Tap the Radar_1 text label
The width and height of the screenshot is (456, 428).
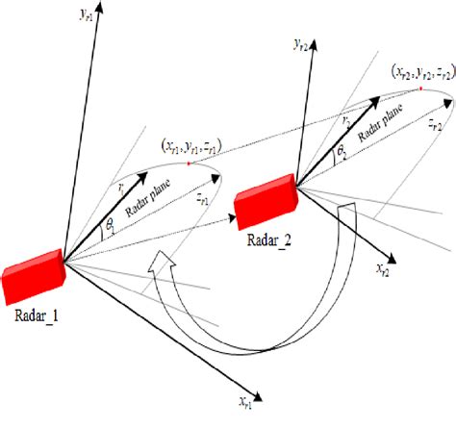36,315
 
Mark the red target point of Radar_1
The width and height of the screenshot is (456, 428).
190,164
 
